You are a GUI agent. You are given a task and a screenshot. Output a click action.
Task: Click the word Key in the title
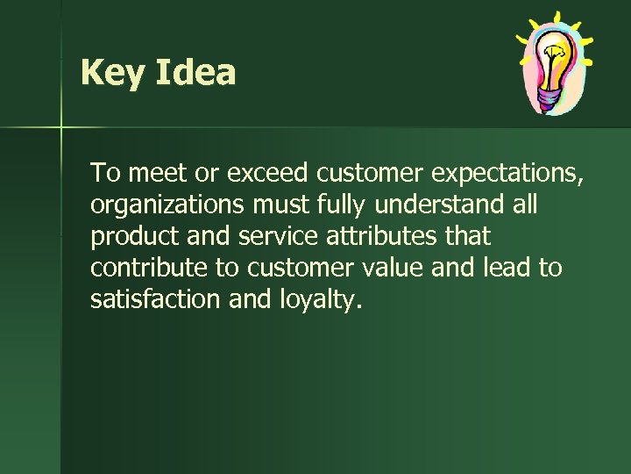pos(113,73)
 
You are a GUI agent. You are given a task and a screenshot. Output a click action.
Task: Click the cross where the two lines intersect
pos(61,128)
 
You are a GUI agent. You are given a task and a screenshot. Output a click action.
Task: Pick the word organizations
pos(168,205)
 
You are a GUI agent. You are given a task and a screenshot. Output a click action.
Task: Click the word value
pos(393,268)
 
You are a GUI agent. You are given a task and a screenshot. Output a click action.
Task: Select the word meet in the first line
pos(157,173)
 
